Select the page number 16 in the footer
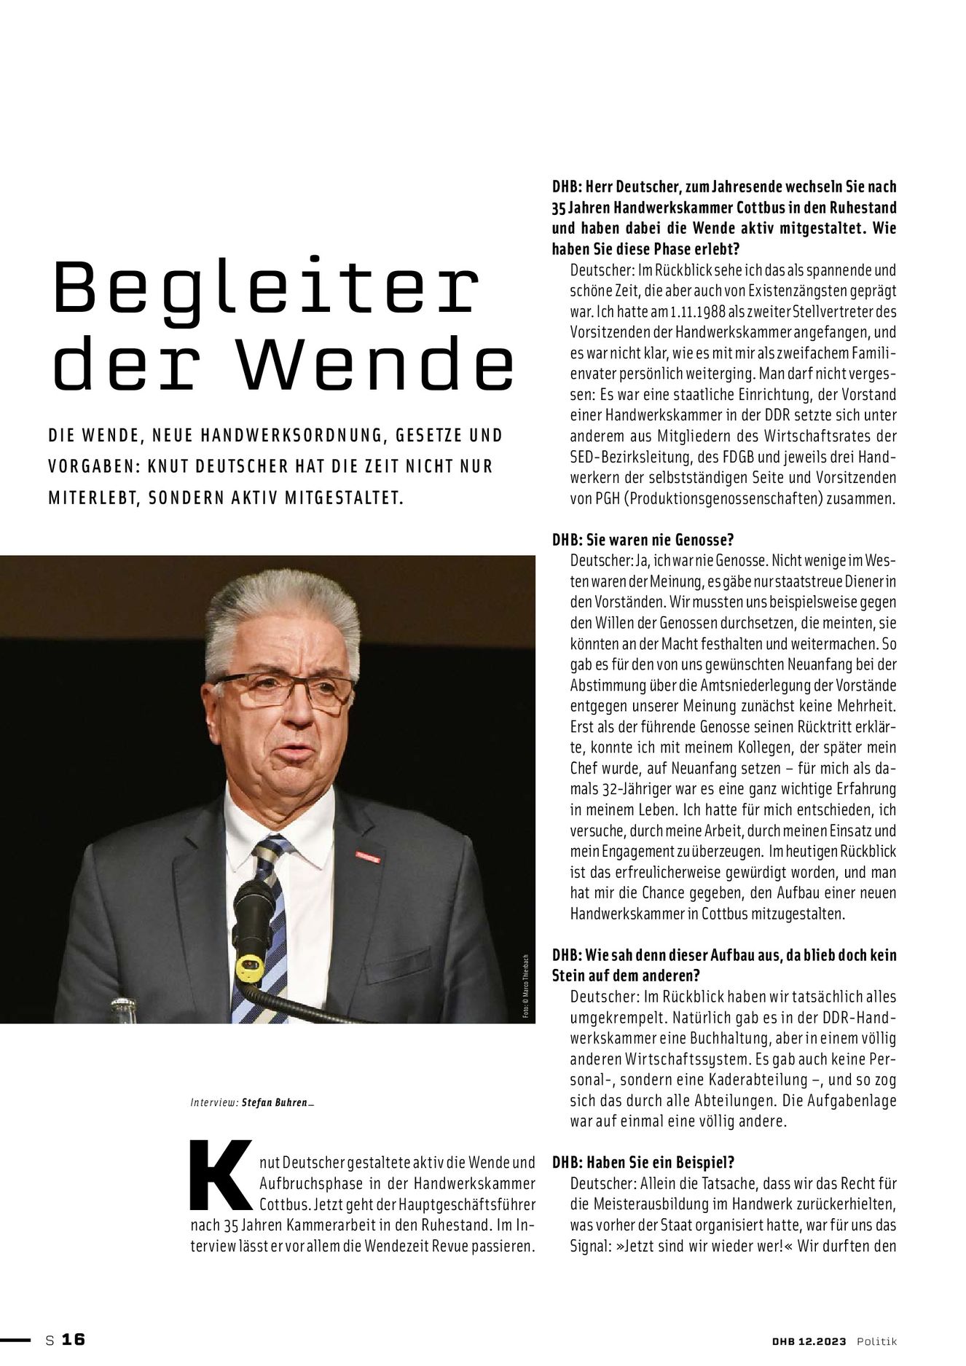(74, 1339)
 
